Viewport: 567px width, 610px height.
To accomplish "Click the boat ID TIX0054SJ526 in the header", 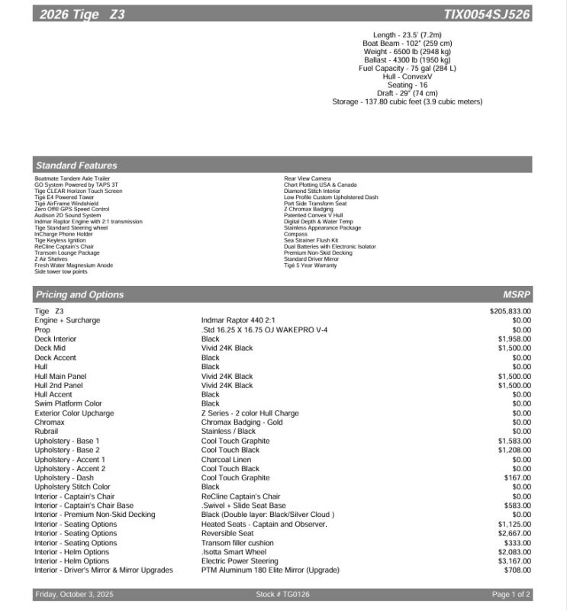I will [x=487, y=14].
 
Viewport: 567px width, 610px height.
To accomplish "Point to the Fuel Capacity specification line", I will [x=407, y=69].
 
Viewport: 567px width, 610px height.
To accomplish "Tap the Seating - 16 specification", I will [x=407, y=85].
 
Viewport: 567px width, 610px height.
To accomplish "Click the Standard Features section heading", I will [x=76, y=165].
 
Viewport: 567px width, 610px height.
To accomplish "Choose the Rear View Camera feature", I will [x=308, y=178].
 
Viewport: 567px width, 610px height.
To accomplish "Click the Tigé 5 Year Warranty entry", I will [x=310, y=265].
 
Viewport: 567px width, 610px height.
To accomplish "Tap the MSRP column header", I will [x=517, y=294].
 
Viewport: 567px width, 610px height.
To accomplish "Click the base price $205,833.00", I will [x=510, y=311].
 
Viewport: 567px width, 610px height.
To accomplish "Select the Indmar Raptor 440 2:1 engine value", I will [x=239, y=320].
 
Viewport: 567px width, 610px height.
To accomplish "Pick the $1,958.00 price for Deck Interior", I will [x=514, y=339].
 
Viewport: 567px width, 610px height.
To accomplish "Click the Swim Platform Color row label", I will [x=68, y=404].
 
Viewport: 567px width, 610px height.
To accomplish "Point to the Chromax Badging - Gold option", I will [x=242, y=422].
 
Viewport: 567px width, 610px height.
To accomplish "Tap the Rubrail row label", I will [x=47, y=432].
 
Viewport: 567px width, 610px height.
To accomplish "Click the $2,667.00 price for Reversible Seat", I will [x=514, y=534].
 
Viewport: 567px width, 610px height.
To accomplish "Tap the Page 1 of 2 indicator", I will [x=511, y=595].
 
